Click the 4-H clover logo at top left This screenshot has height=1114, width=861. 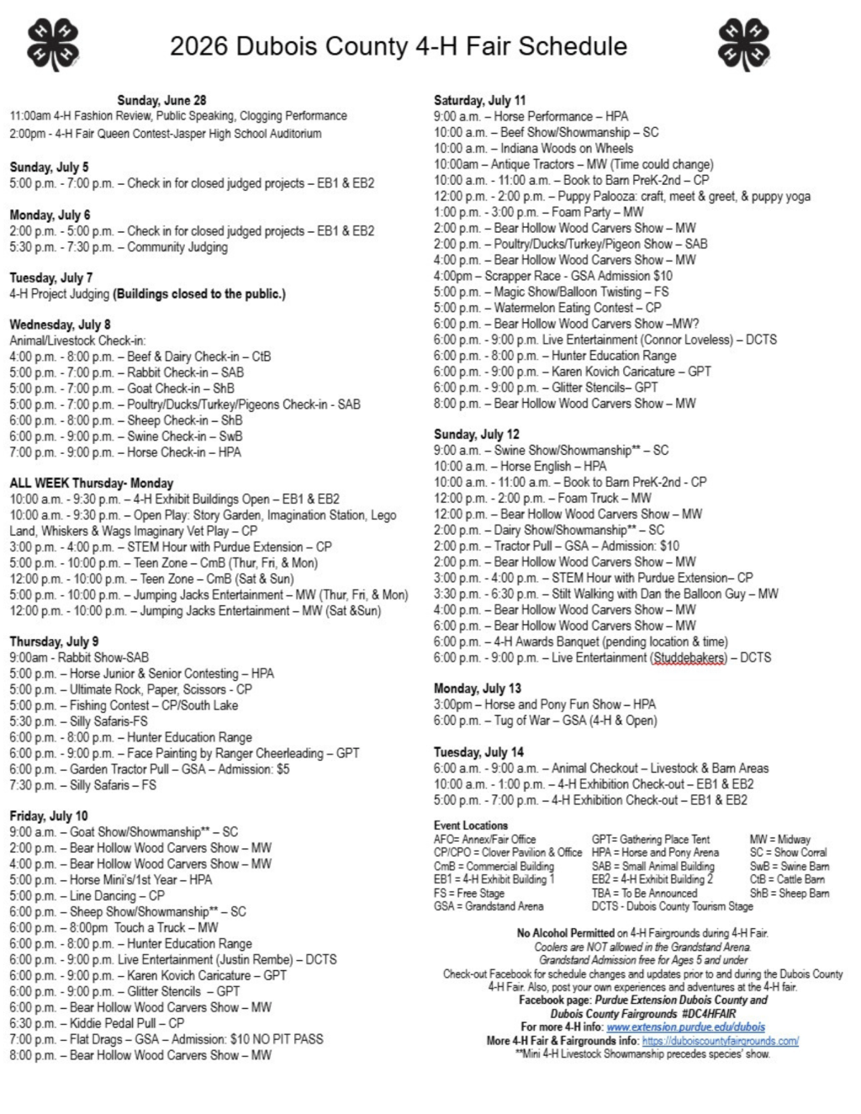point(53,44)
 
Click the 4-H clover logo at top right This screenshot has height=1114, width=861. point(744,44)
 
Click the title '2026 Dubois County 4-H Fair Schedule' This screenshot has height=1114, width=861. point(398,45)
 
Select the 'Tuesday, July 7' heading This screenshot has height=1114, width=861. point(51,277)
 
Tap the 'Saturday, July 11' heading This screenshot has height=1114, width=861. point(479,100)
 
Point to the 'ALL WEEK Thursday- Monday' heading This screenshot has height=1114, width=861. point(91,483)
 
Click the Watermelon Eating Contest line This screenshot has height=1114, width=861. point(547,308)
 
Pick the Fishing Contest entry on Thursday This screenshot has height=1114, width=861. point(124,705)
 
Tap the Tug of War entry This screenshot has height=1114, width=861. point(545,721)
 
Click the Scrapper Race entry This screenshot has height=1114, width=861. point(552,276)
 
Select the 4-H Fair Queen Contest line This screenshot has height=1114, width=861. point(165,134)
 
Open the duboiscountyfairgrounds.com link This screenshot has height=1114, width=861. point(720,1041)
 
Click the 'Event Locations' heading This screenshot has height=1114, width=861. point(471,826)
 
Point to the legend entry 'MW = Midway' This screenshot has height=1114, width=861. point(779,839)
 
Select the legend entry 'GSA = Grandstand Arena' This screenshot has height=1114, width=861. point(489,906)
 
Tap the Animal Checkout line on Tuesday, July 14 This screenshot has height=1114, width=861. point(600,768)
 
